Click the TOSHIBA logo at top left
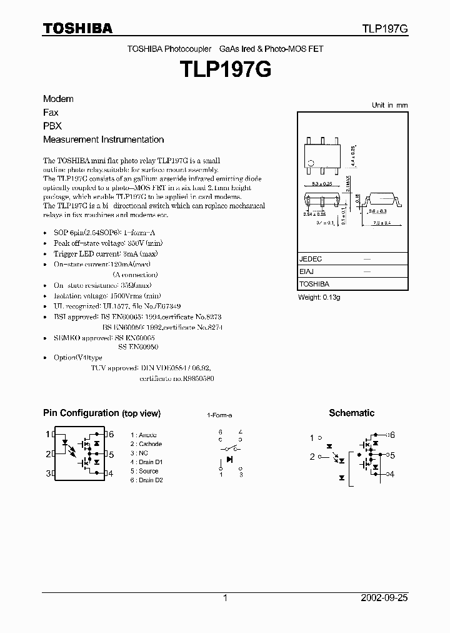tap(77, 28)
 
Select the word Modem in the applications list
tap(58, 99)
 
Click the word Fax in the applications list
tap(51, 113)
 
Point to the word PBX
tap(52, 126)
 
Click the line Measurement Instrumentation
tap(103, 139)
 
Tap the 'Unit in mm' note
tap(389, 105)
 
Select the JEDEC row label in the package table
tap(311, 258)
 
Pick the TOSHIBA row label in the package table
tap(314, 285)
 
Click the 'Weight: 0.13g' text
tap(319, 297)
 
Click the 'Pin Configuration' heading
tap(101, 413)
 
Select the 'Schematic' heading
tap(351, 413)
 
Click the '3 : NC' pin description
tap(139, 453)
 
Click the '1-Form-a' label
tap(219, 415)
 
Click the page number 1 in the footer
tap(225, 598)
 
